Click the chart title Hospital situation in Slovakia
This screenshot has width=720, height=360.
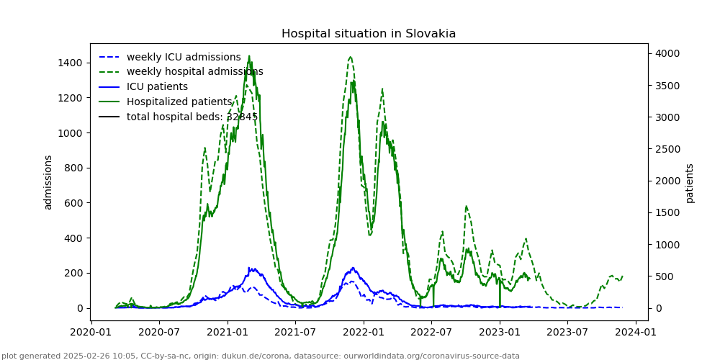(x=368, y=34)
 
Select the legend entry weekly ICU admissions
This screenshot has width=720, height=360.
(x=184, y=57)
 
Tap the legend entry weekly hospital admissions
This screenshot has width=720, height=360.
(x=194, y=72)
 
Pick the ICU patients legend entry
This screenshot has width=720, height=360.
(x=157, y=87)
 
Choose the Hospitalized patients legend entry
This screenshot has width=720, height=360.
(x=179, y=102)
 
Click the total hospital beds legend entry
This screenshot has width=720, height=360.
(x=192, y=117)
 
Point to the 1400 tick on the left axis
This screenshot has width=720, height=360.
(x=71, y=63)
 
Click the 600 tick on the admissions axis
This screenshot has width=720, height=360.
(x=74, y=203)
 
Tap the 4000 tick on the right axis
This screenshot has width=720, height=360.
(x=665, y=54)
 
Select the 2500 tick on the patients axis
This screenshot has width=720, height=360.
(x=665, y=149)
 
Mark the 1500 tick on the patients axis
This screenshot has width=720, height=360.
(x=665, y=212)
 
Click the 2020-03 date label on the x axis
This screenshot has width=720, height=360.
(x=90, y=332)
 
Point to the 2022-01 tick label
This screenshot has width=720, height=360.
(x=363, y=332)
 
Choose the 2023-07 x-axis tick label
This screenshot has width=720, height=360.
(x=567, y=332)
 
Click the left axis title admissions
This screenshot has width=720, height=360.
(x=48, y=182)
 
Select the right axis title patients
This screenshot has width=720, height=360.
(x=690, y=183)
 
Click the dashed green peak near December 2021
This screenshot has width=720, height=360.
(x=350, y=57)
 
